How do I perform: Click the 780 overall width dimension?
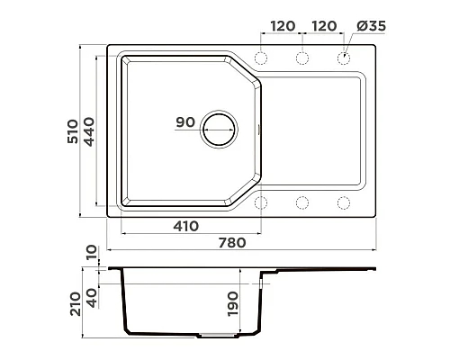point(232,243)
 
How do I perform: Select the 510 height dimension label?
point(73,131)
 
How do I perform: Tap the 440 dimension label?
point(89,131)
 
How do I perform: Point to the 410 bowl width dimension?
point(185,226)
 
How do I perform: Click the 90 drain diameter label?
point(185,122)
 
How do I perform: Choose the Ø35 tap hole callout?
point(371,26)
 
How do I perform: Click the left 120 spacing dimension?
point(283,26)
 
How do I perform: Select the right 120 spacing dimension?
point(324,26)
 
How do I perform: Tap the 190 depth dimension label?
point(233,303)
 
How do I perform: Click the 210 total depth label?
point(76,303)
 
